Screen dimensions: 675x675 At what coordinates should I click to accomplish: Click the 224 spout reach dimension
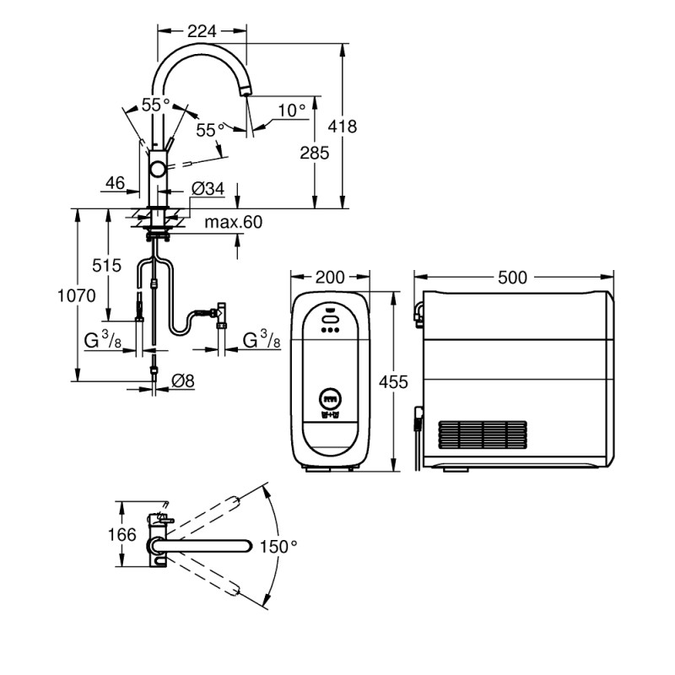[201, 30]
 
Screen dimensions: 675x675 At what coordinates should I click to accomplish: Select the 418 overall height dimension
[343, 127]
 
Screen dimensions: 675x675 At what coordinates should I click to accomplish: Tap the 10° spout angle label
[292, 110]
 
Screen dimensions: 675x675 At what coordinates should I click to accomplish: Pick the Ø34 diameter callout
[208, 189]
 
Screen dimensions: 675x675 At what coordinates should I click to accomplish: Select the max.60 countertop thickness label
[234, 223]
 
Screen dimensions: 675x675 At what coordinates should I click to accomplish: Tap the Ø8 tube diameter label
[183, 381]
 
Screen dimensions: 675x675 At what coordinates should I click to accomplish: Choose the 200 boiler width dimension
[329, 278]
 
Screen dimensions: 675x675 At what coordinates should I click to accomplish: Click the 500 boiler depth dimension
[513, 278]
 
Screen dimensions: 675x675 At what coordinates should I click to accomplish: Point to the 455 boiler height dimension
[394, 381]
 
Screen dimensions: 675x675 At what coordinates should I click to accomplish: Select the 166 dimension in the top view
[123, 535]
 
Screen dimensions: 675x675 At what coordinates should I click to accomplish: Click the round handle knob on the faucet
[158, 170]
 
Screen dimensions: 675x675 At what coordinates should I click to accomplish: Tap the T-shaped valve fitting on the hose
[221, 312]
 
